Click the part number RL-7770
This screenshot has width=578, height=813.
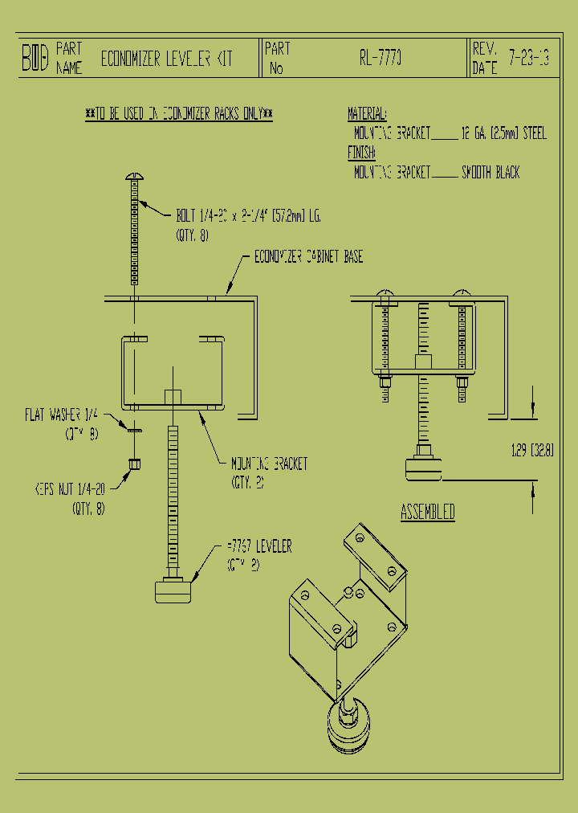pos(381,59)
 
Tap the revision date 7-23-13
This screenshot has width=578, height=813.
pos(528,59)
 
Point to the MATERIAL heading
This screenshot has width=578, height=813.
pos(367,113)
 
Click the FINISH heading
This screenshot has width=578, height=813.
pos(361,153)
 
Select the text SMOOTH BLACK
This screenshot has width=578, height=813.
pos(490,172)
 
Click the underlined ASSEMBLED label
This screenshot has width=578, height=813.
pos(428,512)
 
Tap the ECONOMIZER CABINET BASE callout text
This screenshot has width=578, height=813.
pos(308,257)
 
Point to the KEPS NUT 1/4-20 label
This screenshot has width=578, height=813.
pos(70,488)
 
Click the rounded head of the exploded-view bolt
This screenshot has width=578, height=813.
pos(134,177)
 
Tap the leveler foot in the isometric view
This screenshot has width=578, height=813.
pos(348,729)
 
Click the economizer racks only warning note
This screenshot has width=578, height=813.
pos(178,115)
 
